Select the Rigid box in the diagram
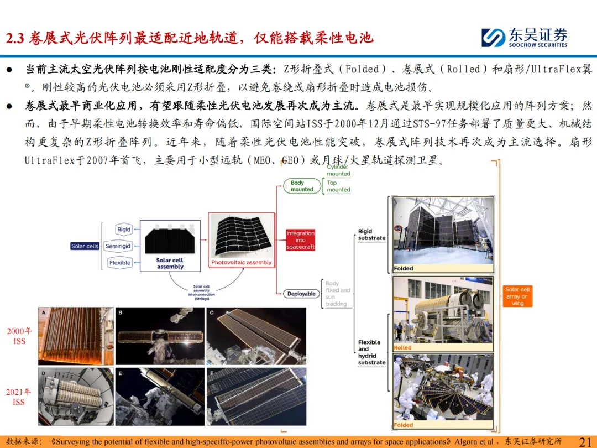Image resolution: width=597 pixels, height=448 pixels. click(x=124, y=230)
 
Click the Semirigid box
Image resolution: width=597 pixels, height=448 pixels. click(x=118, y=246)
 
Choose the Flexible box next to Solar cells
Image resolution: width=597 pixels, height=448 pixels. click(x=120, y=263)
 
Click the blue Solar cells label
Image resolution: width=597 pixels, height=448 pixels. click(x=85, y=246)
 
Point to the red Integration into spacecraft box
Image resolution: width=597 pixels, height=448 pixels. click(x=300, y=240)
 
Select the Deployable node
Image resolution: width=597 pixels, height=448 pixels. click(x=301, y=294)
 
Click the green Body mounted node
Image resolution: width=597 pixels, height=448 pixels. click(x=302, y=186)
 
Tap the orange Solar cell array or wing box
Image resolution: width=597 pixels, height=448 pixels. click(x=517, y=296)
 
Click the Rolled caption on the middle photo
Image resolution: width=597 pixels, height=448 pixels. click(x=403, y=347)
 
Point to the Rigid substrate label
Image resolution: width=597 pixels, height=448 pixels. click(x=371, y=235)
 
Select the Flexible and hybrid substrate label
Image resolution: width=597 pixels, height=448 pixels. click(x=371, y=352)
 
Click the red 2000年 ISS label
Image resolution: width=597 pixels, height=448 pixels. click(x=19, y=336)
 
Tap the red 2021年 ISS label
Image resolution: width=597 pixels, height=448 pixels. click(x=19, y=397)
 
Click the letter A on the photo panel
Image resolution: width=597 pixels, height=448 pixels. click(x=44, y=313)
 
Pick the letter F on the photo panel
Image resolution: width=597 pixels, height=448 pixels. click(x=213, y=373)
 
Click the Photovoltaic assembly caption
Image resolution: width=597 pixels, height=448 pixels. click(x=242, y=263)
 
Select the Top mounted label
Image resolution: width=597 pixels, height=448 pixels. click(x=338, y=186)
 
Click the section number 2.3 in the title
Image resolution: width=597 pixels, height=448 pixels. click(x=16, y=38)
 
